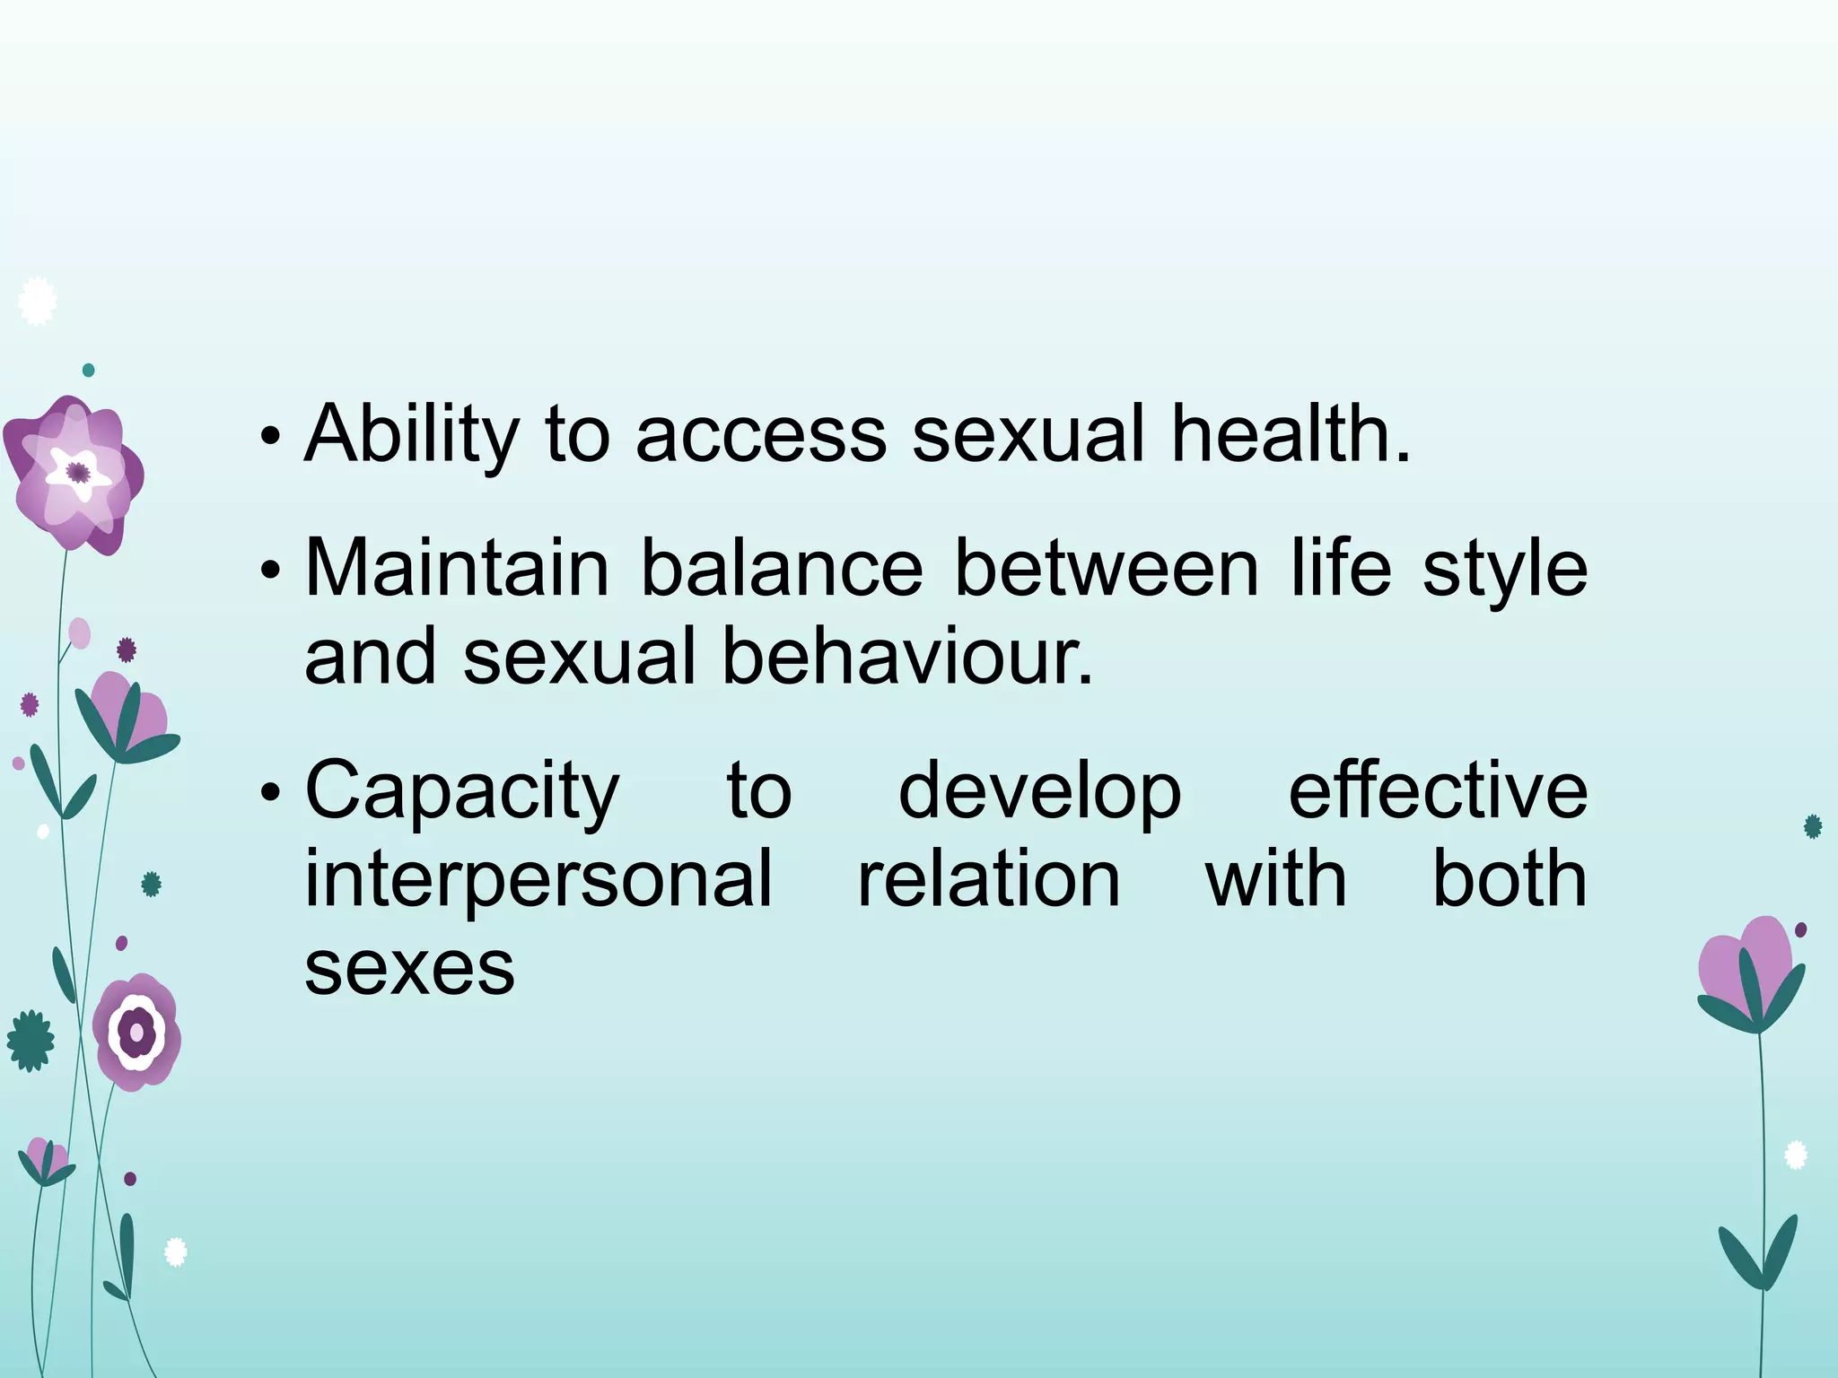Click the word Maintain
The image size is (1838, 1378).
(x=457, y=569)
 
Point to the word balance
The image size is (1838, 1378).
(x=782, y=569)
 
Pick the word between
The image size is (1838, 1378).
(x=1106, y=569)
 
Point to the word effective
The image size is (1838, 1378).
(x=1438, y=789)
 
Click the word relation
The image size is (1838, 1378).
(x=989, y=879)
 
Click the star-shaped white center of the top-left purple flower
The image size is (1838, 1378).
(x=78, y=472)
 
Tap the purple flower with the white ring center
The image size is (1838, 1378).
(x=137, y=1032)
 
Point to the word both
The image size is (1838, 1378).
(x=1509, y=879)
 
